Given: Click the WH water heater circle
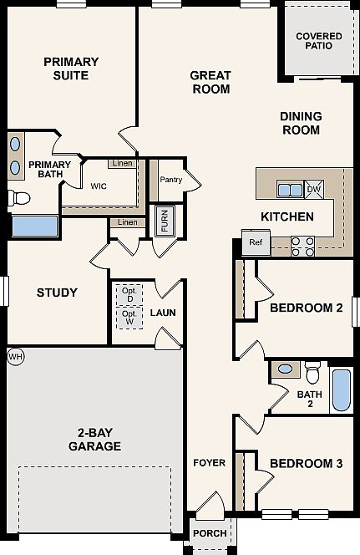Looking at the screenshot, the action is coord(15,357).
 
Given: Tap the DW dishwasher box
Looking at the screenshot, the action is coord(314,189).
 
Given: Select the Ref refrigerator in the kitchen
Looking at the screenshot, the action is coord(256,242).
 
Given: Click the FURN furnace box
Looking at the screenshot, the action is coord(165,220).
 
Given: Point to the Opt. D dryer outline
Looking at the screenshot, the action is coord(129,294).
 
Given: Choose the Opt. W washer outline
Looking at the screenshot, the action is coord(129,318).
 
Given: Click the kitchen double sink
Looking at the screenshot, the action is coord(291,190).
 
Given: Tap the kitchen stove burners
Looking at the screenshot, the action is coord(302,247).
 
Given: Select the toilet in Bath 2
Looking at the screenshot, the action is coord(312,373).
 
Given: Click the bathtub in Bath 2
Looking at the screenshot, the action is coord(342,390).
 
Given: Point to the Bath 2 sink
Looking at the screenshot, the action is coord(285,369).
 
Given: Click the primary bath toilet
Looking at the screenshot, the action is coord(18,198).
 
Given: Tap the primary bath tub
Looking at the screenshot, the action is coord(34,226).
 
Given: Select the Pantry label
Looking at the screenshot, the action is coord(171,180).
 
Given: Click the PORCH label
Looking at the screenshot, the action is coord(210,533).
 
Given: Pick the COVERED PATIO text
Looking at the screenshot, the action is coord(319,41).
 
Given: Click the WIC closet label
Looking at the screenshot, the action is coord(99,186).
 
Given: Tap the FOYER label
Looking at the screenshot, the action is coord(210,463).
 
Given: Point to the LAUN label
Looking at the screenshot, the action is coord(163,313).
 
